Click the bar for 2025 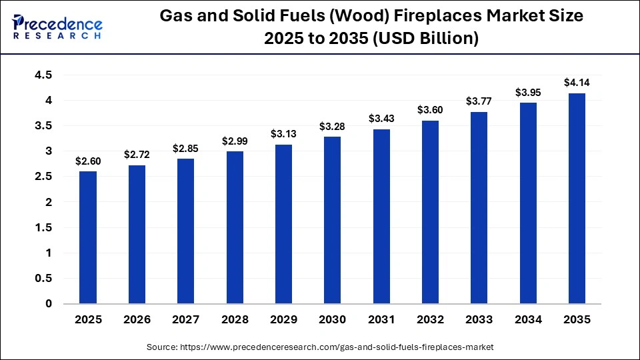88,237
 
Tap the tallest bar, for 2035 577,198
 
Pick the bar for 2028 235,227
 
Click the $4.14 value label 577,83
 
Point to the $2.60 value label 88,161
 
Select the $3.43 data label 381,119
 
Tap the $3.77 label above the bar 479,101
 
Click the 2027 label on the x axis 186,319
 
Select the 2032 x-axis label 430,319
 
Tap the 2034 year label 528,319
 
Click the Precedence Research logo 57,27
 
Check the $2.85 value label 186,148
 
